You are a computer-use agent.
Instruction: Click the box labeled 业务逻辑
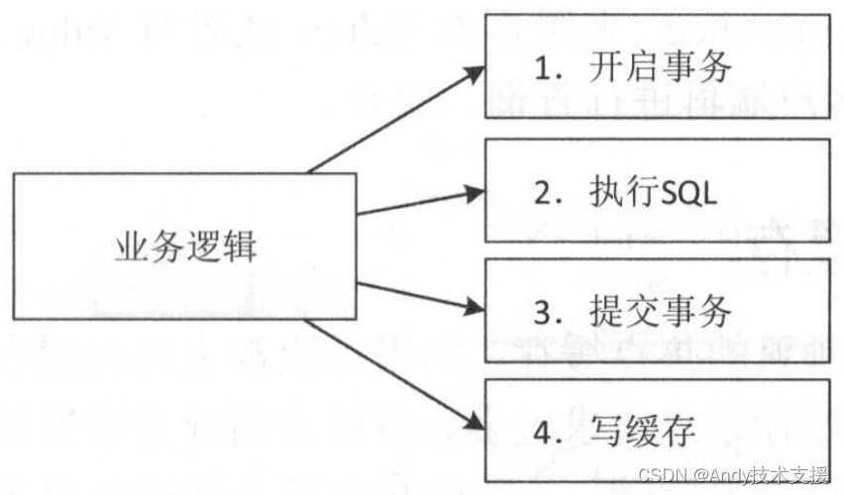coord(184,246)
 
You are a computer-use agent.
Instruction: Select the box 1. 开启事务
coord(657,65)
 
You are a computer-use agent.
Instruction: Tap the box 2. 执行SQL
coord(657,190)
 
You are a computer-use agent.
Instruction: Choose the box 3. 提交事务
coord(657,312)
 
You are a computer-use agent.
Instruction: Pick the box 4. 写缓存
coord(657,432)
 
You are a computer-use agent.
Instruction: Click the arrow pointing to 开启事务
coord(396,119)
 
